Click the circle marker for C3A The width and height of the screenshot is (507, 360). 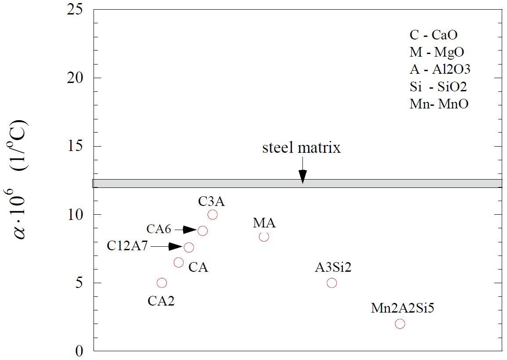212,215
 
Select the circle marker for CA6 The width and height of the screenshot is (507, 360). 202,230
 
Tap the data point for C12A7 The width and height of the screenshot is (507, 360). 189,247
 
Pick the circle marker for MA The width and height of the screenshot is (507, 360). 264,237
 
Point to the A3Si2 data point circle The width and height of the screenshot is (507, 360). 332,283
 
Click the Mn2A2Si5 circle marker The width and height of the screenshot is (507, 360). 400,324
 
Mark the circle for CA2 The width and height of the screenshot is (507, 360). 162,283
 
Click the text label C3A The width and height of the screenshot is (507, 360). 212,202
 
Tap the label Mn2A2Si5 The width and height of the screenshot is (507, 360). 403,308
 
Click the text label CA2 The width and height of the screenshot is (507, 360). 161,301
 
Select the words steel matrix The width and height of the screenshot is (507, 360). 301,148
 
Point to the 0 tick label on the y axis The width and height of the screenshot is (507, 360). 79,351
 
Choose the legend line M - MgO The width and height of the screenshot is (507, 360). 436,52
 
